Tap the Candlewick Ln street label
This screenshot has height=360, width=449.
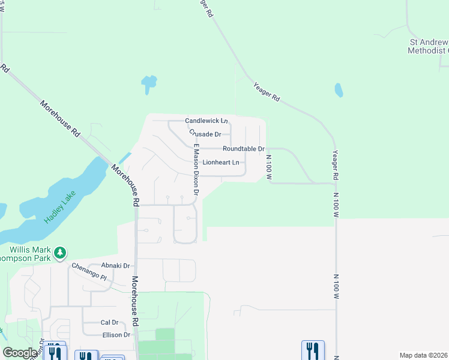pyautogui.click(x=206, y=121)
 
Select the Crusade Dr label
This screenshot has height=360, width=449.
pyautogui.click(x=205, y=134)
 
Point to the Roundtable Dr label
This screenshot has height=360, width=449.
pyautogui.click(x=243, y=148)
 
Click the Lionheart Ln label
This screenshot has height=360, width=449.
pyautogui.click(x=221, y=163)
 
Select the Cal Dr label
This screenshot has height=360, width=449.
pyautogui.click(x=110, y=322)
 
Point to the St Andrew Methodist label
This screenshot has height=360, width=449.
pyautogui.click(x=429, y=46)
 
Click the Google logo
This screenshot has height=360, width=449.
pyautogui.click(x=20, y=352)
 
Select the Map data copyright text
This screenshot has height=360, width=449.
pyautogui.click(x=424, y=355)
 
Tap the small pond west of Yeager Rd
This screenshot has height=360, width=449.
pyautogui.click(x=339, y=90)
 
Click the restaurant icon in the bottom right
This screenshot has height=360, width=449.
pyautogui.click(x=313, y=349)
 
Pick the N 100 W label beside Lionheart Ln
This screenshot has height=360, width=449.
pyautogui.click(x=269, y=169)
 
